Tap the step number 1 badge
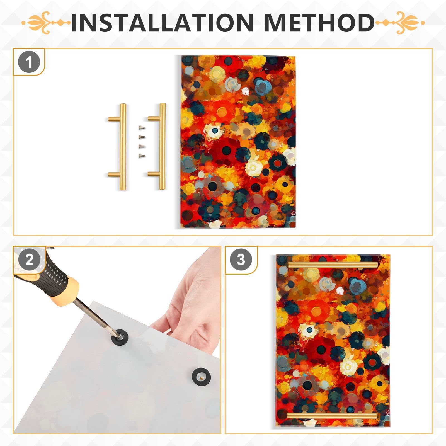pyautogui.click(x=29, y=62)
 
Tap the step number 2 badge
pyautogui.click(x=29, y=260)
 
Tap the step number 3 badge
pyautogui.click(x=241, y=260)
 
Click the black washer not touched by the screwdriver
pyautogui.click(x=201, y=377)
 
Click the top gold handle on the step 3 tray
pyautogui.click(x=333, y=265)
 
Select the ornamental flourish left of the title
pyautogui.click(x=46, y=23)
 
